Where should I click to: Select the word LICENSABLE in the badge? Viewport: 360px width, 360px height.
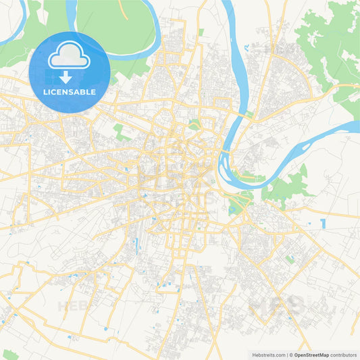[x=70, y=91]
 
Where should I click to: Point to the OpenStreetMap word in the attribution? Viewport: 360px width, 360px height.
[x=310, y=355]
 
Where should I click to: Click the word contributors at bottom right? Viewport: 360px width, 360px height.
[x=344, y=355]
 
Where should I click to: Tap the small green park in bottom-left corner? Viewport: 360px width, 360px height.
[x=9, y=355]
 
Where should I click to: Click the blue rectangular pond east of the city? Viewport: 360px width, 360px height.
[x=324, y=223]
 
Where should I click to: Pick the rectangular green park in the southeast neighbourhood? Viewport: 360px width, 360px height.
[x=290, y=259]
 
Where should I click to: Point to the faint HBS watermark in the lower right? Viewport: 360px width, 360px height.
[x=277, y=305]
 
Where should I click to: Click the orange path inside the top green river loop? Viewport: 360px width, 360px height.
[x=124, y=9]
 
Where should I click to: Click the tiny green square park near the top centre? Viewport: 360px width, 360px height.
[x=201, y=32]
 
